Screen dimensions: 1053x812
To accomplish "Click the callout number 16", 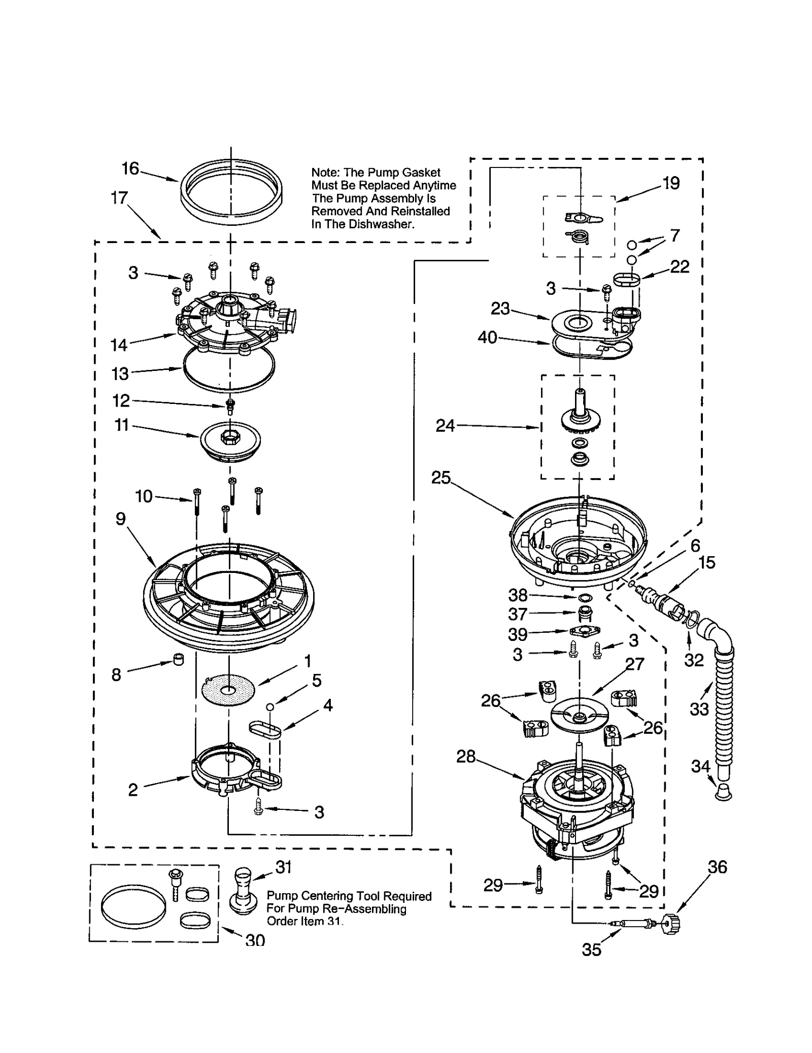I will (130, 168).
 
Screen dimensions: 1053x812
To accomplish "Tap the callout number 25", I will (441, 477).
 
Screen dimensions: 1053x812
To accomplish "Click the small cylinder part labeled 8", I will (178, 659).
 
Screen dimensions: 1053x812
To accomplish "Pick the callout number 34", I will (700, 766).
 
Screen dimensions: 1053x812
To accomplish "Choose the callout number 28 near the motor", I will (465, 757).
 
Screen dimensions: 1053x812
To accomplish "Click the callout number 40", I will (487, 337).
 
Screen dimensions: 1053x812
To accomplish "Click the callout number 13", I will (120, 374).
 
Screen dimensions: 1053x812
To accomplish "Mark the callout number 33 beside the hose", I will (699, 709).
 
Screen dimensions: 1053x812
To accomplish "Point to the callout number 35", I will (591, 949).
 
